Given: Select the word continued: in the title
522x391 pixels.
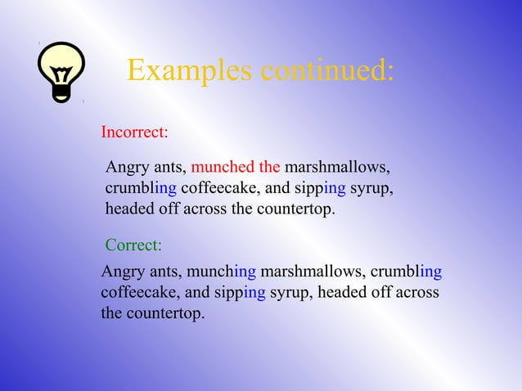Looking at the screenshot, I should click(x=326, y=71).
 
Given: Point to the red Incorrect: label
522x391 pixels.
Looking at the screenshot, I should click(x=134, y=131).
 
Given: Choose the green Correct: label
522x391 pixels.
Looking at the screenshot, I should click(x=133, y=245).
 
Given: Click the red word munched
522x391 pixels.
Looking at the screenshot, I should click(x=223, y=168).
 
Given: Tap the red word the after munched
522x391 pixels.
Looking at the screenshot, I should click(x=269, y=168).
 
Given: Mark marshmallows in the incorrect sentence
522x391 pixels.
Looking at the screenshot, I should click(x=336, y=168).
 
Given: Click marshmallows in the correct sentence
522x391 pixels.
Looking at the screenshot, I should click(x=313, y=272).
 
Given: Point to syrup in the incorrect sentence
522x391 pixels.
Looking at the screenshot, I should click(x=371, y=189).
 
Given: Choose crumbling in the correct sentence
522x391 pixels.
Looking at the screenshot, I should click(x=407, y=272).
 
